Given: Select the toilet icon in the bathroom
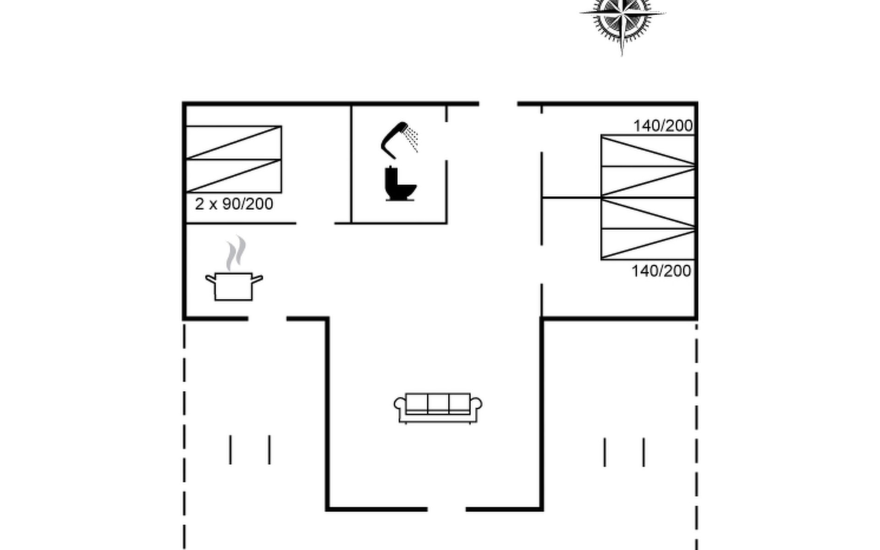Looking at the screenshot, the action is pos(400,184).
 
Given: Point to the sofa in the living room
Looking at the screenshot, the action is pos(438,407).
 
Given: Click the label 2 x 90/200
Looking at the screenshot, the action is pos(234,204).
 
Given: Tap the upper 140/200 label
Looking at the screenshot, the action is pos(663,126).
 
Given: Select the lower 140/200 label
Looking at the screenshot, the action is pos(661,271).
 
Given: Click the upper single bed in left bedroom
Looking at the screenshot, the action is pos(234,143).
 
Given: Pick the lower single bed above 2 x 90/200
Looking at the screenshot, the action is pos(234,176).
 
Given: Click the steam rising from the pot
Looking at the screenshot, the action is pos(236,252).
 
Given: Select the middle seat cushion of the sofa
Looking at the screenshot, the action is pos(438,403).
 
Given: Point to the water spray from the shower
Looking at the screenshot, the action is pos(412,139).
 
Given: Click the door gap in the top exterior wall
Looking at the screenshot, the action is pos(498,104).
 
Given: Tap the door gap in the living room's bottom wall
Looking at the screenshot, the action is pos(446,509).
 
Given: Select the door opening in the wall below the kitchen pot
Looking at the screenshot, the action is pos(267,318).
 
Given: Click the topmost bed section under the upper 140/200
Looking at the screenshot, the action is pos(648,151).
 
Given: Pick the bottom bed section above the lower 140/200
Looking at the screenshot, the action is pos(648,244).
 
